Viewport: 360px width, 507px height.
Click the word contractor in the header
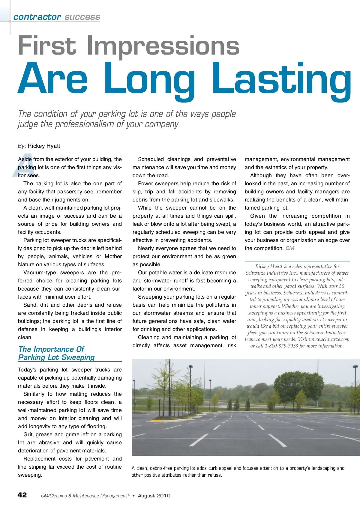(37, 17)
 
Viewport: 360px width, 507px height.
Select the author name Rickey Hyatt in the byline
(44, 146)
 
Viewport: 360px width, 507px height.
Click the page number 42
(22, 495)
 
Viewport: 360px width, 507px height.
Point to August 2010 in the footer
(154, 496)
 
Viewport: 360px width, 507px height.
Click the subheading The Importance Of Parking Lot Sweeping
(56, 353)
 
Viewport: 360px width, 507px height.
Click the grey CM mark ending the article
(290, 248)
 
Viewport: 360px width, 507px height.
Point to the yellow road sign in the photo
(222, 392)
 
